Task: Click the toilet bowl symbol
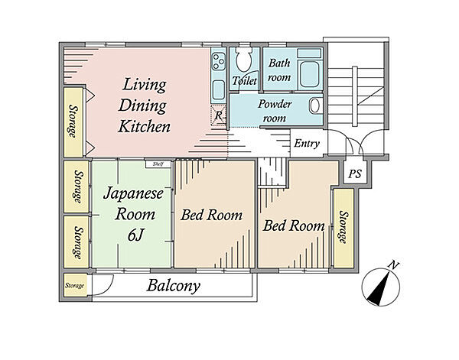coord(244,59)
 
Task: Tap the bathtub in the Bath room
coord(310,74)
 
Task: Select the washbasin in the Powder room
coord(314,105)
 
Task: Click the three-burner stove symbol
coord(218,61)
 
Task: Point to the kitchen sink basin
coord(218,90)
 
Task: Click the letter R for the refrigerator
coord(218,115)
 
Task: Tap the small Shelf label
coord(158,164)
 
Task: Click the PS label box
coord(355,174)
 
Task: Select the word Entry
coord(307,144)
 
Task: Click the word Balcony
coord(174,286)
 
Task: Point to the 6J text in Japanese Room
coord(135,235)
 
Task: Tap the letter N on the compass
coord(394,265)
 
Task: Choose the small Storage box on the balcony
coord(75,285)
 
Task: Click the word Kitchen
coord(144,127)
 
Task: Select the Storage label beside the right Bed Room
coord(343,227)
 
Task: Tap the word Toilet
coord(245,80)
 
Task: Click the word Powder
coord(275,104)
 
